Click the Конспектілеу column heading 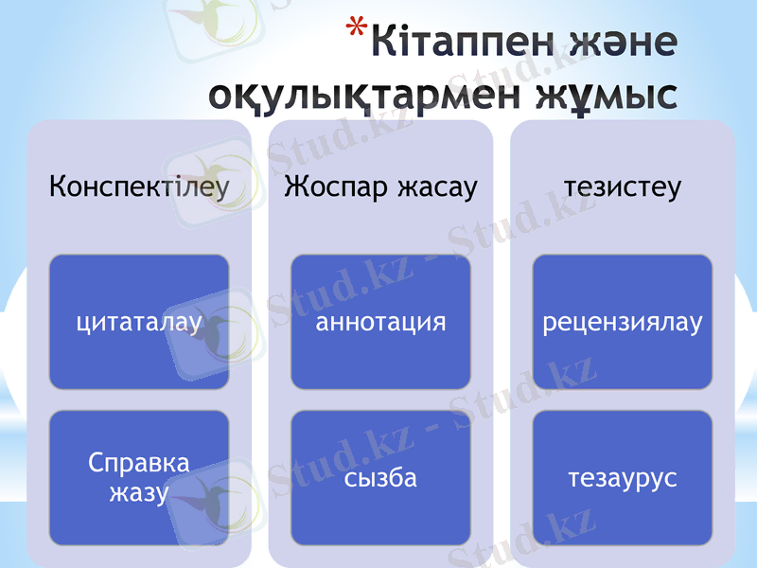tap(139, 186)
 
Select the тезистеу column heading tap(623, 186)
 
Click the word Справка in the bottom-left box tap(139, 463)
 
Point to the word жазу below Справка tap(139, 492)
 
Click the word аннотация tap(380, 323)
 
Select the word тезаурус tap(623, 478)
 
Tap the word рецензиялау tap(623, 323)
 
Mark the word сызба tap(380, 478)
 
